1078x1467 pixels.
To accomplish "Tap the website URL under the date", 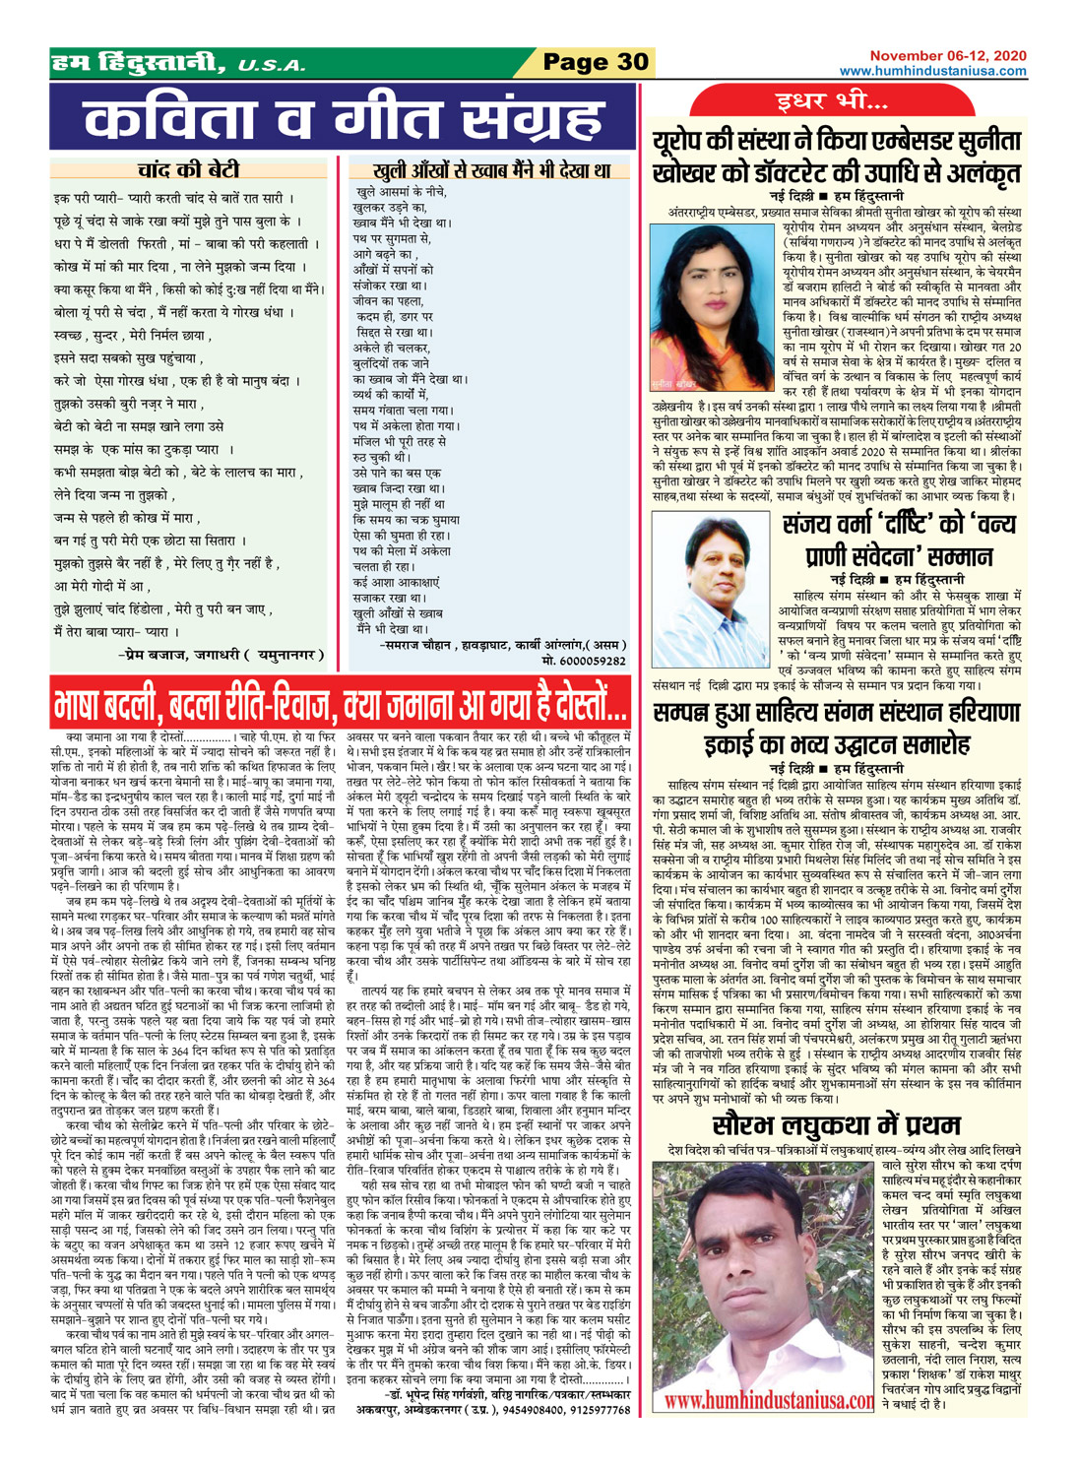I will [x=932, y=71].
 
